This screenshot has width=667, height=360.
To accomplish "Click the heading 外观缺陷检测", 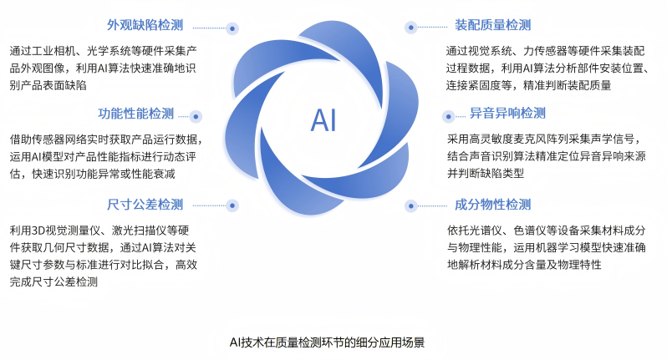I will pos(145,25).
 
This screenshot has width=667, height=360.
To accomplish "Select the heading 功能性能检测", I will pos(136,114).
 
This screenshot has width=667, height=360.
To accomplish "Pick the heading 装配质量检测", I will pos(492,25).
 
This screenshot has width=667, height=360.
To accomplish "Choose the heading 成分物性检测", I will pos(492,205).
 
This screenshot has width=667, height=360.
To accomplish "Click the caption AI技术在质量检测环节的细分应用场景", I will pos(333,342).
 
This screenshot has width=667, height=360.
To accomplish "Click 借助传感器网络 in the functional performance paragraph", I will pos(46,139).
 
